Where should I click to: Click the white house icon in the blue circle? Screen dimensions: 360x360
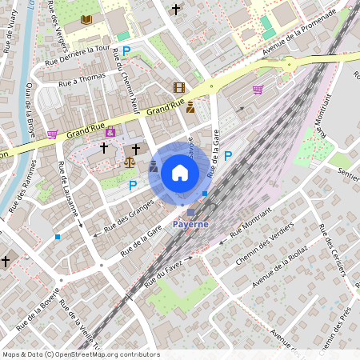point(180,173)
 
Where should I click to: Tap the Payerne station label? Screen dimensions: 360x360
point(190,224)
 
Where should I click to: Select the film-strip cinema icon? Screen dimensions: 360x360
point(178,87)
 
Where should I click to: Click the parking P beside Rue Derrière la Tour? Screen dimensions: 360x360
point(126,50)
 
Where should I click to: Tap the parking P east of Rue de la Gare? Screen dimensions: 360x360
point(228,156)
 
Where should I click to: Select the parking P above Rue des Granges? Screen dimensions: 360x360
point(133,185)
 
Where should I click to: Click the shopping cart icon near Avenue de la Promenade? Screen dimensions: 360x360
point(258,90)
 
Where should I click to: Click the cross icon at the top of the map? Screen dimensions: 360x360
point(176,10)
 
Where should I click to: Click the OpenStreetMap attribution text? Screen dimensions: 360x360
point(81,354)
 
